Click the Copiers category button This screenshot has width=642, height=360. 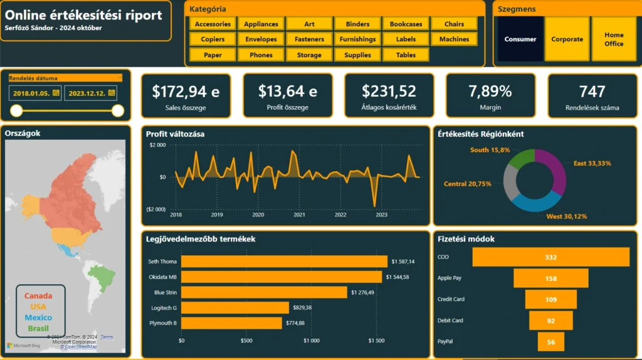click(213, 40)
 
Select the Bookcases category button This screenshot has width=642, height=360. click(406, 24)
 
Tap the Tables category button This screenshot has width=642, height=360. click(406, 55)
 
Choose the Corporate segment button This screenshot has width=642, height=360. click(567, 40)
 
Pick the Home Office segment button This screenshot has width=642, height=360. click(614, 40)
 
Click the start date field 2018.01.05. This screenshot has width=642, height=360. click(35, 93)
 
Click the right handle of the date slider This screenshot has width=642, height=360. click(118, 111)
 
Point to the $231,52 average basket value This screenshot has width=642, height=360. click(389, 92)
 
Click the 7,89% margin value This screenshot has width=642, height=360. click(490, 92)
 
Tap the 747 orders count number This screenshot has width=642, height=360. click(592, 92)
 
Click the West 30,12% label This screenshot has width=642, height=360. click(566, 216)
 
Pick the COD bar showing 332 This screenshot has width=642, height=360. click(550, 257)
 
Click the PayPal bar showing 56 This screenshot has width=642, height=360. click(550, 342)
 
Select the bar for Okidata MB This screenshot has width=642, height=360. click(282, 277)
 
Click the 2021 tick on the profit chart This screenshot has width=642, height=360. click(299, 214)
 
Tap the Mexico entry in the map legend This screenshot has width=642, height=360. click(38, 317)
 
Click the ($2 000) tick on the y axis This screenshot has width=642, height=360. click(156, 209)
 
